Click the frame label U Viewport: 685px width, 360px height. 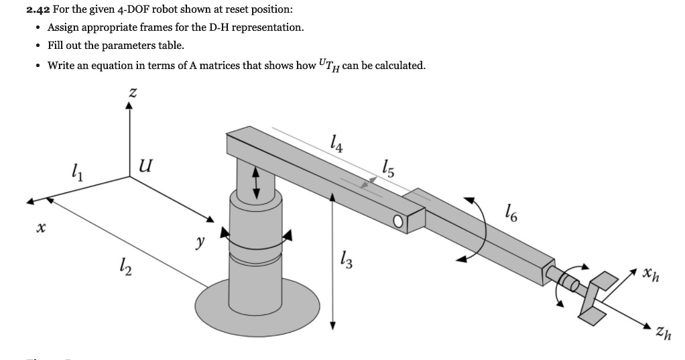[144, 164]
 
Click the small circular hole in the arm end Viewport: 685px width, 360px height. [400, 222]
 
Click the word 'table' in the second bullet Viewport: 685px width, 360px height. [172, 46]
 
